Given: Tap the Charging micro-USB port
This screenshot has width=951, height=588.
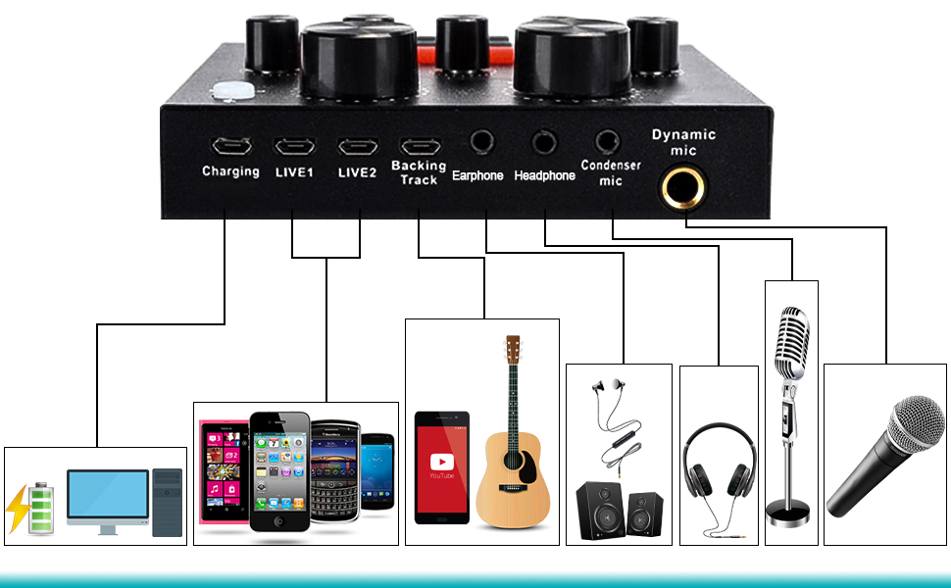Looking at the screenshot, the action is click(230, 148).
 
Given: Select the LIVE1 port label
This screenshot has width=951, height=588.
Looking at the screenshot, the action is click(293, 171).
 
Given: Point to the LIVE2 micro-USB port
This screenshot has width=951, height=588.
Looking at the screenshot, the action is click(356, 148).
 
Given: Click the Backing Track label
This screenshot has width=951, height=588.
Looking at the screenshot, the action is click(419, 173).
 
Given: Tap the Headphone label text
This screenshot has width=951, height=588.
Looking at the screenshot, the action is click(544, 175).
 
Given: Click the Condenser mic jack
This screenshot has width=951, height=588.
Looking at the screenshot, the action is click(608, 142).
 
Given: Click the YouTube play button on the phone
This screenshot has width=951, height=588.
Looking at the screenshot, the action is click(442, 461).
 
